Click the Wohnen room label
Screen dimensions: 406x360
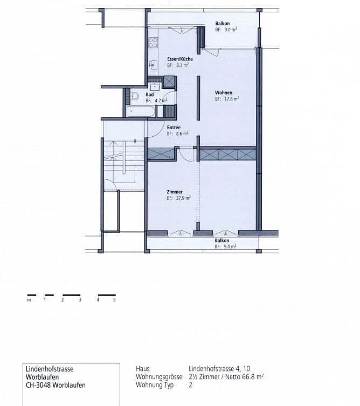coord(223,93)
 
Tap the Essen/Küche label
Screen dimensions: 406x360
coord(177,59)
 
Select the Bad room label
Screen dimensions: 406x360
coord(149,94)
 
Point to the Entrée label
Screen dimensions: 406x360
coord(174,127)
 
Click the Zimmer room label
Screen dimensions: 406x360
coord(175,192)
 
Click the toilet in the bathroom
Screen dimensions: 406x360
coord(135,97)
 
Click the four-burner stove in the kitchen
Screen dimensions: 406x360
coord(153,43)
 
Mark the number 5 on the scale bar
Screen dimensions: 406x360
coord(114,300)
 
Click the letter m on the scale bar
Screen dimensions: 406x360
coord(29,300)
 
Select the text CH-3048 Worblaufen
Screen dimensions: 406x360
coord(56,385)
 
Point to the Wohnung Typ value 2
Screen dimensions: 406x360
coord(191,385)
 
